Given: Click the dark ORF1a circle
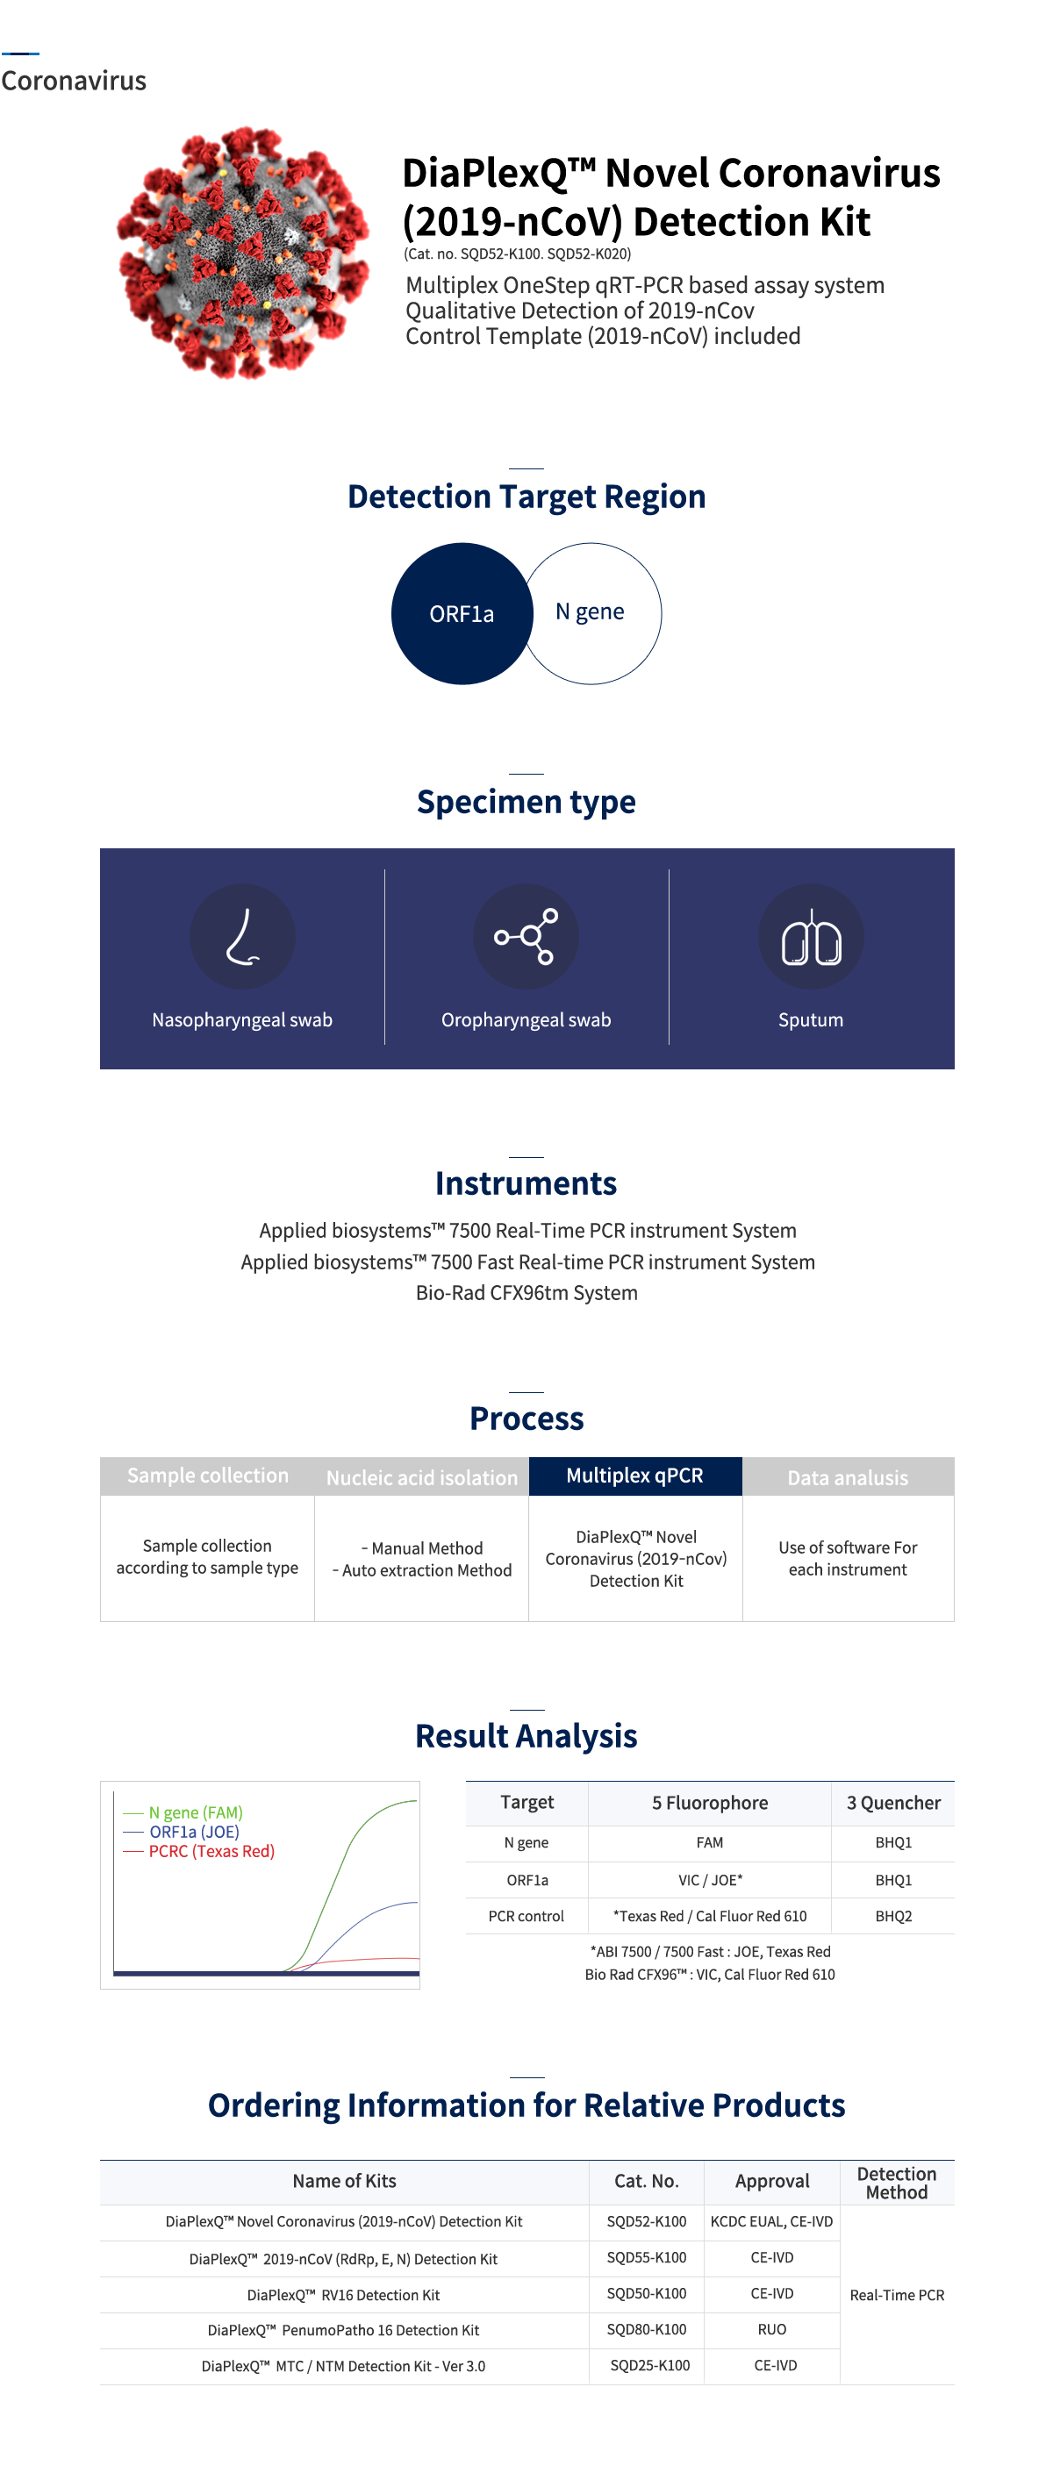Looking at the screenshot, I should click(x=461, y=613).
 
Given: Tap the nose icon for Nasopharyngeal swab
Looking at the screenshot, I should click(x=242, y=936).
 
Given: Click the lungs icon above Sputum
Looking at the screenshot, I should click(x=810, y=936).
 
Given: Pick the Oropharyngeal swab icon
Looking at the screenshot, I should click(x=526, y=936).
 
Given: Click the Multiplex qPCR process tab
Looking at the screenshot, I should click(x=634, y=1476).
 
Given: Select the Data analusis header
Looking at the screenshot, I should click(x=848, y=1477).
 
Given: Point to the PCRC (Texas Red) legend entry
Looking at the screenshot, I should click(x=211, y=1851).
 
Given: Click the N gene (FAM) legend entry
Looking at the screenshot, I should click(x=195, y=1812).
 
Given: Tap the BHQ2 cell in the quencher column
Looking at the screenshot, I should click(x=892, y=1916).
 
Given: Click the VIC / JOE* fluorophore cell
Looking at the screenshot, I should click(x=709, y=1880).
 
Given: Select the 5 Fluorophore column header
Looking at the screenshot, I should click(x=709, y=1803).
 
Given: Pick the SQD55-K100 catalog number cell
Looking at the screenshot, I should click(x=646, y=2258).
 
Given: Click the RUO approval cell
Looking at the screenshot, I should click(x=771, y=2330).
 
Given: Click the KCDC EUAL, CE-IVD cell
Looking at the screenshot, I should click(x=771, y=2221).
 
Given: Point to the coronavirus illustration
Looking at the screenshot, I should click(x=243, y=253).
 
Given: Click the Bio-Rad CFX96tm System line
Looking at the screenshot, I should click(x=526, y=1293).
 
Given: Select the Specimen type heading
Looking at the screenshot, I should click(x=526, y=802).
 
